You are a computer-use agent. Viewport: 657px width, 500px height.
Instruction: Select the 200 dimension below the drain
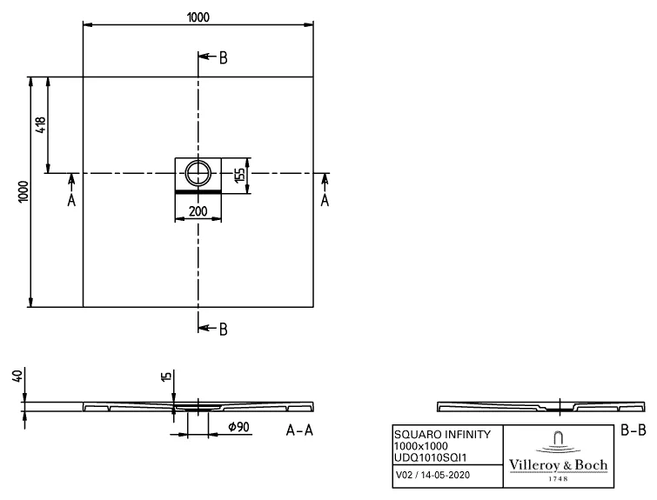198,211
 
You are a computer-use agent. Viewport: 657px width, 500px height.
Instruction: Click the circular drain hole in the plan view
199,172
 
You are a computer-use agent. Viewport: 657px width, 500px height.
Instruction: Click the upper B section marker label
224,57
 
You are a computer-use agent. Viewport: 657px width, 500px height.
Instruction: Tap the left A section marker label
71,201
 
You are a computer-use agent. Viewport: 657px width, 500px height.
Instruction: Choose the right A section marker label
325,201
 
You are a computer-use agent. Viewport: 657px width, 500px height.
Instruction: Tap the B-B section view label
633,430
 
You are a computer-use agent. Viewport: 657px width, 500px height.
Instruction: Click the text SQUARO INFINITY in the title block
442,434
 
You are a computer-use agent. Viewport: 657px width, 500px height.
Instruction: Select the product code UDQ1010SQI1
430,457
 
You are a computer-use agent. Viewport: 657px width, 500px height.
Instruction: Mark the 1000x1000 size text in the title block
422,445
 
